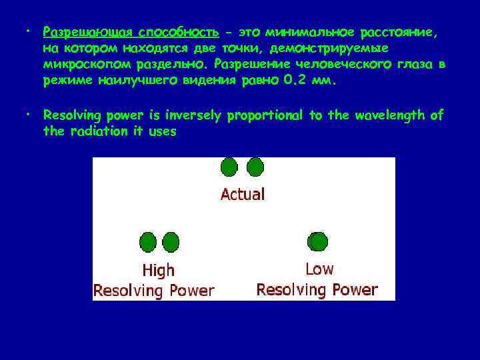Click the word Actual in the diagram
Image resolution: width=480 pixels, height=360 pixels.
coord(243,195)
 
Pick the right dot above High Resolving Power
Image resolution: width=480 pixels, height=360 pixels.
coord(171,243)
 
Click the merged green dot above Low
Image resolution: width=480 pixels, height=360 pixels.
coord(317,241)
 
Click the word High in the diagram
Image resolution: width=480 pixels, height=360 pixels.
coord(159,270)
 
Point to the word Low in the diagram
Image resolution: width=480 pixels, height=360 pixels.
coord(319,269)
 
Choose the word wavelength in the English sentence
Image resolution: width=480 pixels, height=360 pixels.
coord(389,115)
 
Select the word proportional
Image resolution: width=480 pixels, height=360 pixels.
coord(266,115)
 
